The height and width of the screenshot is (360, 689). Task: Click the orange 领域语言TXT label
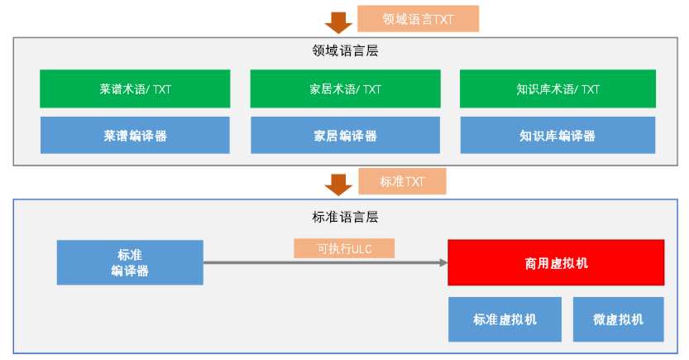(x=418, y=19)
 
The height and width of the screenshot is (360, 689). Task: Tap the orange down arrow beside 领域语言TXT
(x=338, y=23)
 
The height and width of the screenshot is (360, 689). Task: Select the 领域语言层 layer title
(x=345, y=50)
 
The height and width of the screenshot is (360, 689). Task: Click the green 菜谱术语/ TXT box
(x=135, y=89)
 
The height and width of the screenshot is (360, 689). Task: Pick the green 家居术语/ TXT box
(x=346, y=89)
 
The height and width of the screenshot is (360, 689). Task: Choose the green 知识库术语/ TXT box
(x=557, y=89)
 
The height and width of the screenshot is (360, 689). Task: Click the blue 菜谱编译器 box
(x=135, y=136)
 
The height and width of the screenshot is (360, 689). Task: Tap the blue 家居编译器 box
(x=346, y=136)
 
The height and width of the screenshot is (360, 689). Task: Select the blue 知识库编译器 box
(x=557, y=136)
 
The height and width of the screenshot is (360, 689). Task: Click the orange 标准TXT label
(x=402, y=181)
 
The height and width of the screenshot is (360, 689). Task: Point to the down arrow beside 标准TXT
(x=338, y=185)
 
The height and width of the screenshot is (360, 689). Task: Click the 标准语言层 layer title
(x=345, y=217)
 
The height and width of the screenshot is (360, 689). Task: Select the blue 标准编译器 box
(x=130, y=262)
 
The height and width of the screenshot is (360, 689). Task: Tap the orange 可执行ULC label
(x=344, y=248)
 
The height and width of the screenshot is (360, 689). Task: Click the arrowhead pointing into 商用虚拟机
(x=444, y=263)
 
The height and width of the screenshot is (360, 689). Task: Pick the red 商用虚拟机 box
(x=556, y=263)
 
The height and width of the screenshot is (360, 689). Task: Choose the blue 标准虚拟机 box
(x=505, y=319)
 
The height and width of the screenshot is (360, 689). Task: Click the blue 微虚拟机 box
(x=618, y=319)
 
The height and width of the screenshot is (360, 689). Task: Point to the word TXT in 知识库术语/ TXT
(x=590, y=89)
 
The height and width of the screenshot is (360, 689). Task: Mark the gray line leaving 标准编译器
(x=325, y=263)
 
